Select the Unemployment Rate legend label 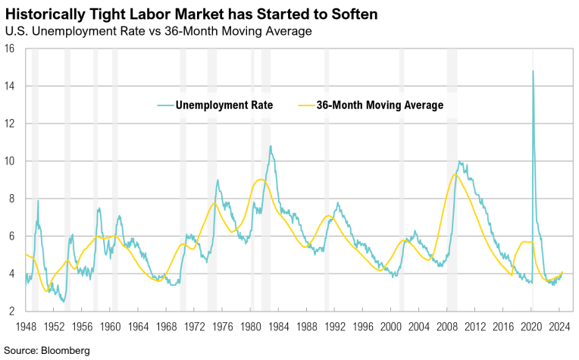click(224, 105)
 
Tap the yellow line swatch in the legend click(304, 105)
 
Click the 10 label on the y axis click(10, 161)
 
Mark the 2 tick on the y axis click(13, 311)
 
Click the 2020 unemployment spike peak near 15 click(533, 71)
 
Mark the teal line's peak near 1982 click(271, 146)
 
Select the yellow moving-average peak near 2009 click(454, 175)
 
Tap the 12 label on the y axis click(10, 124)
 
